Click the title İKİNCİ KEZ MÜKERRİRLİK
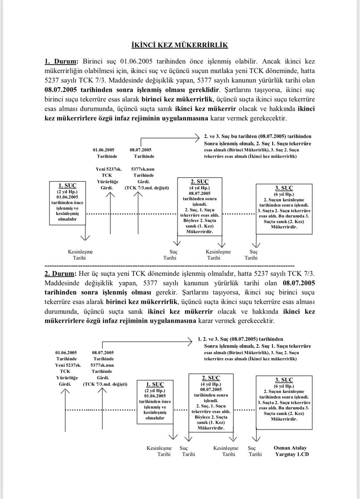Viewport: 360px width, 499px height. pos(179,45)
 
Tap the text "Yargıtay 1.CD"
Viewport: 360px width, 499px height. pos(291,455)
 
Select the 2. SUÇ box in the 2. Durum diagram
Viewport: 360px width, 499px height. pos(210,403)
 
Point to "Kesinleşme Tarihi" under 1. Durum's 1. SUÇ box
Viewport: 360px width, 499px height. pos(80,255)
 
